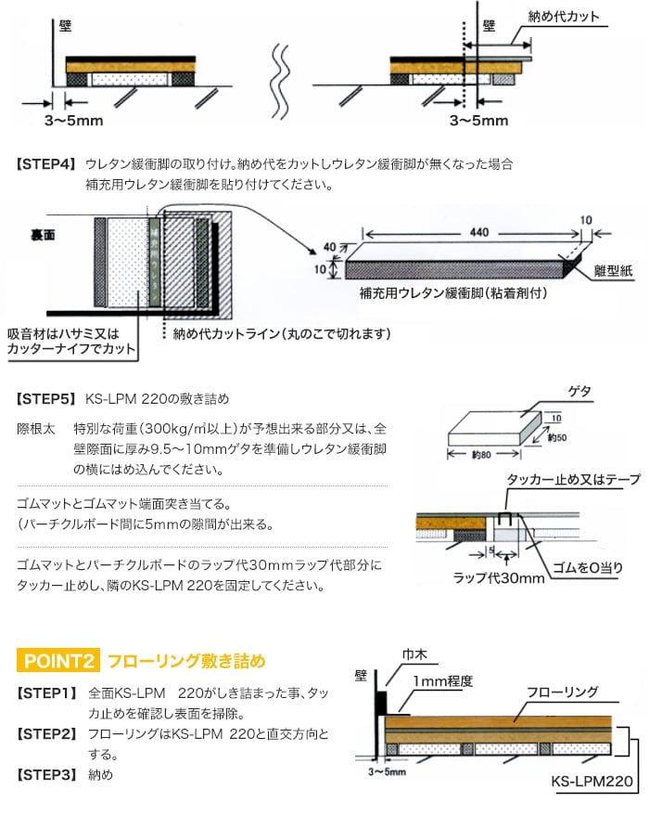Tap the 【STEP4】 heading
pyautogui.click(x=45, y=164)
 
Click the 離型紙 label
pyautogui.click(x=612, y=270)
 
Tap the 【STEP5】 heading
pyautogui.click(x=45, y=400)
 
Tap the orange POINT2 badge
pyautogui.click(x=57, y=662)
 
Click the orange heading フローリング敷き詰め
pyautogui.click(x=185, y=662)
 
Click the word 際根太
pyautogui.click(x=36, y=430)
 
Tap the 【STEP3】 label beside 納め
pyautogui.click(x=45, y=772)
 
